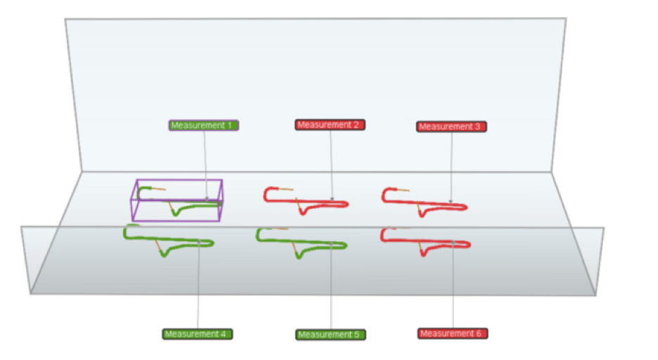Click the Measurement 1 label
click(x=204, y=125)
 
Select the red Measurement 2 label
click(x=330, y=124)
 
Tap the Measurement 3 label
click(x=451, y=127)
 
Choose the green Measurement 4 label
click(x=198, y=334)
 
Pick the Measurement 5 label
click(x=330, y=335)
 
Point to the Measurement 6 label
click(x=453, y=333)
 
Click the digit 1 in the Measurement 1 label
click(x=230, y=125)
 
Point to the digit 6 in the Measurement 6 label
click(x=479, y=333)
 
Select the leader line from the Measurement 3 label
click(x=451, y=167)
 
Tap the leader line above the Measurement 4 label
click(x=198, y=285)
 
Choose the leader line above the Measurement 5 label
click(x=330, y=285)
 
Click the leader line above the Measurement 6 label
click(x=453, y=285)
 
